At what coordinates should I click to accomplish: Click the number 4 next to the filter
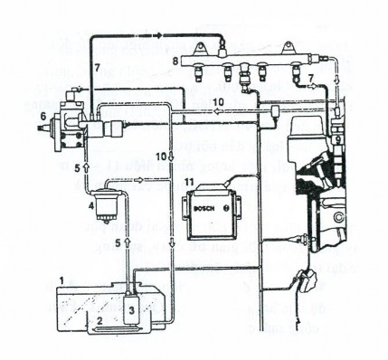91,206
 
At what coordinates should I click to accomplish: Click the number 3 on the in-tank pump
133,309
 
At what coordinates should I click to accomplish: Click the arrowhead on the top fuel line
156,33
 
